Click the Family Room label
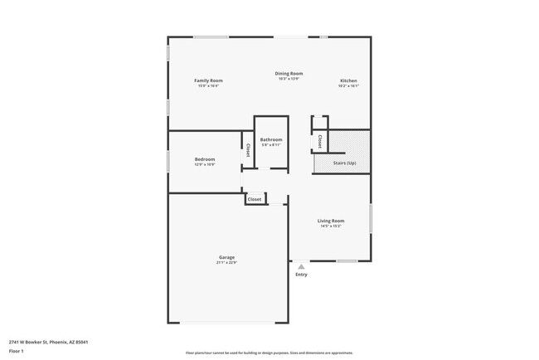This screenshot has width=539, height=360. tap(208, 80)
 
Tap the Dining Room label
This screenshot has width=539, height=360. tap(289, 73)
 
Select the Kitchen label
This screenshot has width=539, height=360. tap(348, 80)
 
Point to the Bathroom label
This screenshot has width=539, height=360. tap(270, 139)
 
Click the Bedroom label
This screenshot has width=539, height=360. tap(205, 159)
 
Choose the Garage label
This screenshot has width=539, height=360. tap(226, 257)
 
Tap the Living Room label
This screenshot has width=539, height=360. tap(331, 221)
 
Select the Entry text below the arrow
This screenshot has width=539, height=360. tap(301, 275)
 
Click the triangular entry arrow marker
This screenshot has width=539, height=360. tap(301, 267)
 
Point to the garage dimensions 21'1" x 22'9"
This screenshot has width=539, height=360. tap(226, 263)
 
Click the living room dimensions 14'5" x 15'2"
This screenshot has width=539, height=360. tap(331, 226)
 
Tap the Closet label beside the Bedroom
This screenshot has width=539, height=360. tap(247, 151)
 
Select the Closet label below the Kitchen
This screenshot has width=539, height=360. tap(320, 142)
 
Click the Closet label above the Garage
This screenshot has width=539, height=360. tap(255, 199)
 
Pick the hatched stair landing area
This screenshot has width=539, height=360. tap(349, 140)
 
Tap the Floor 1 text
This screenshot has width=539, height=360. tap(17, 351)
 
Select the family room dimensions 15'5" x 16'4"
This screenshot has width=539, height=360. tap(208, 86)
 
